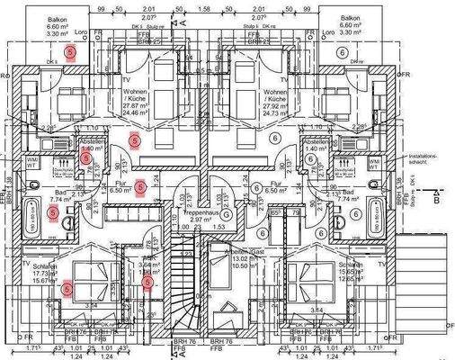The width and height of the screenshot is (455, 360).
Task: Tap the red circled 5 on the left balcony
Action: pyautogui.click(x=71, y=53)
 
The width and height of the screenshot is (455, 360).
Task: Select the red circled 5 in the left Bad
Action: pyautogui.click(x=53, y=212)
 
